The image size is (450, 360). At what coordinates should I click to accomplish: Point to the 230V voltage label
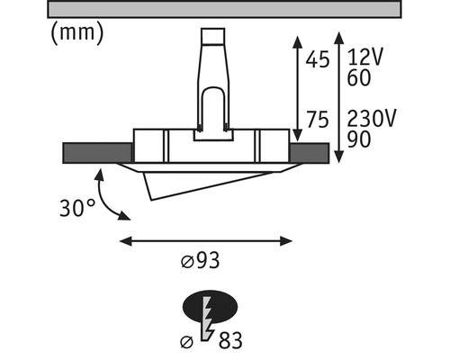click(370, 121)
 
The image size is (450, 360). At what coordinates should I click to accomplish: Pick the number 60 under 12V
click(359, 79)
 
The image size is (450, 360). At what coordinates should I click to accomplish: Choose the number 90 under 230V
click(359, 141)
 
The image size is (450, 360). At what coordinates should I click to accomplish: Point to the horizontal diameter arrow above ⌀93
click(207, 240)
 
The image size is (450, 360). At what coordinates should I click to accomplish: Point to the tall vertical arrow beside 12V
click(338, 98)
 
